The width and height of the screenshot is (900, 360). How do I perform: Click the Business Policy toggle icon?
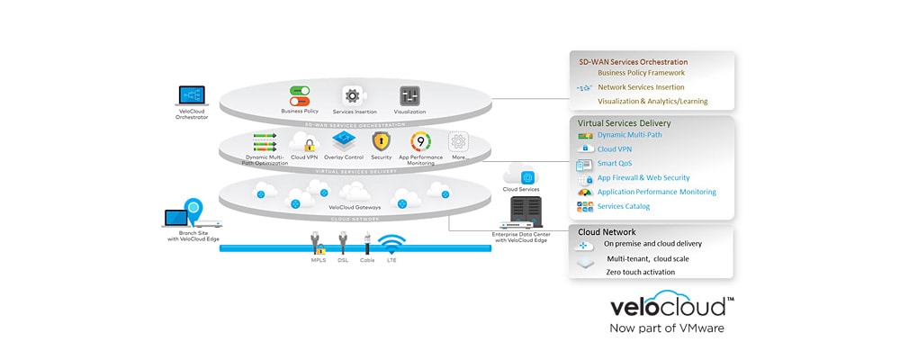299,94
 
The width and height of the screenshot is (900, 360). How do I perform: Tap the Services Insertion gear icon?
353,95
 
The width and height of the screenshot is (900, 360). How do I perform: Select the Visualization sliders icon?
410,95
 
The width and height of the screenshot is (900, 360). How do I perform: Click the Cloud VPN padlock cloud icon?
304,141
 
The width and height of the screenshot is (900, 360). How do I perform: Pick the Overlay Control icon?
342,140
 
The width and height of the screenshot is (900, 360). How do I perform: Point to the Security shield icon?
381,141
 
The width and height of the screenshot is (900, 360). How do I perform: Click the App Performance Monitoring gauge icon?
420,141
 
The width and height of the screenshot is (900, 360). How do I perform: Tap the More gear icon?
459,141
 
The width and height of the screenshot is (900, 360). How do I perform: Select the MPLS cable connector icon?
316,243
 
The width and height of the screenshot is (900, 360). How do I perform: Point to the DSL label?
342,261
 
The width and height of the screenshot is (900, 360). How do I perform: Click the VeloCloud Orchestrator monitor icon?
192,96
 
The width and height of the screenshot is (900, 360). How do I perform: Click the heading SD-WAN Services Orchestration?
633,60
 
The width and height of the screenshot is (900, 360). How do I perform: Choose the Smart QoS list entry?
615,163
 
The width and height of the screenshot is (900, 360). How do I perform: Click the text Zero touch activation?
640,272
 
